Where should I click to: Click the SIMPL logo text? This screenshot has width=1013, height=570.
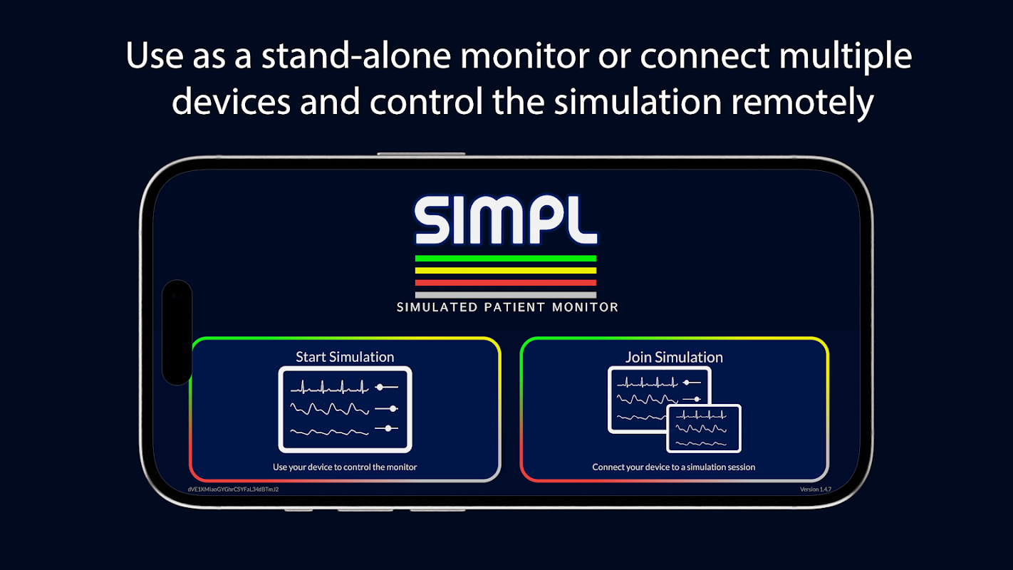click(506, 220)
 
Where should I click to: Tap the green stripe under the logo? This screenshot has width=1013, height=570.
click(506, 258)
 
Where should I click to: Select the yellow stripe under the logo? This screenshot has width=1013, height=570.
click(506, 270)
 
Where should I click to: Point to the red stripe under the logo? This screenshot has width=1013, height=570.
click(506, 282)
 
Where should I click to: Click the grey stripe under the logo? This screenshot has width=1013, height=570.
click(506, 294)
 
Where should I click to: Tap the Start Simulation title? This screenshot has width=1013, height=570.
click(345, 357)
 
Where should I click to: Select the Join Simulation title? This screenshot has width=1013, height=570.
click(674, 357)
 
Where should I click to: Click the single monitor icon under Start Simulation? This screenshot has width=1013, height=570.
click(345, 409)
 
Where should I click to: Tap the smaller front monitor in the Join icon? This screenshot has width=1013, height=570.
click(704, 428)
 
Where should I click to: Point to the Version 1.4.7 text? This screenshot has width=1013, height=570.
click(815, 489)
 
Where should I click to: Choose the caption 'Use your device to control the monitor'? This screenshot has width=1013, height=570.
click(345, 467)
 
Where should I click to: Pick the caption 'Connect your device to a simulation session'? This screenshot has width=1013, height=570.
click(674, 467)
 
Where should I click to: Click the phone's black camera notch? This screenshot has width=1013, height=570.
click(177, 332)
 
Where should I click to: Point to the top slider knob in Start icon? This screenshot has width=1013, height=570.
click(380, 387)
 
